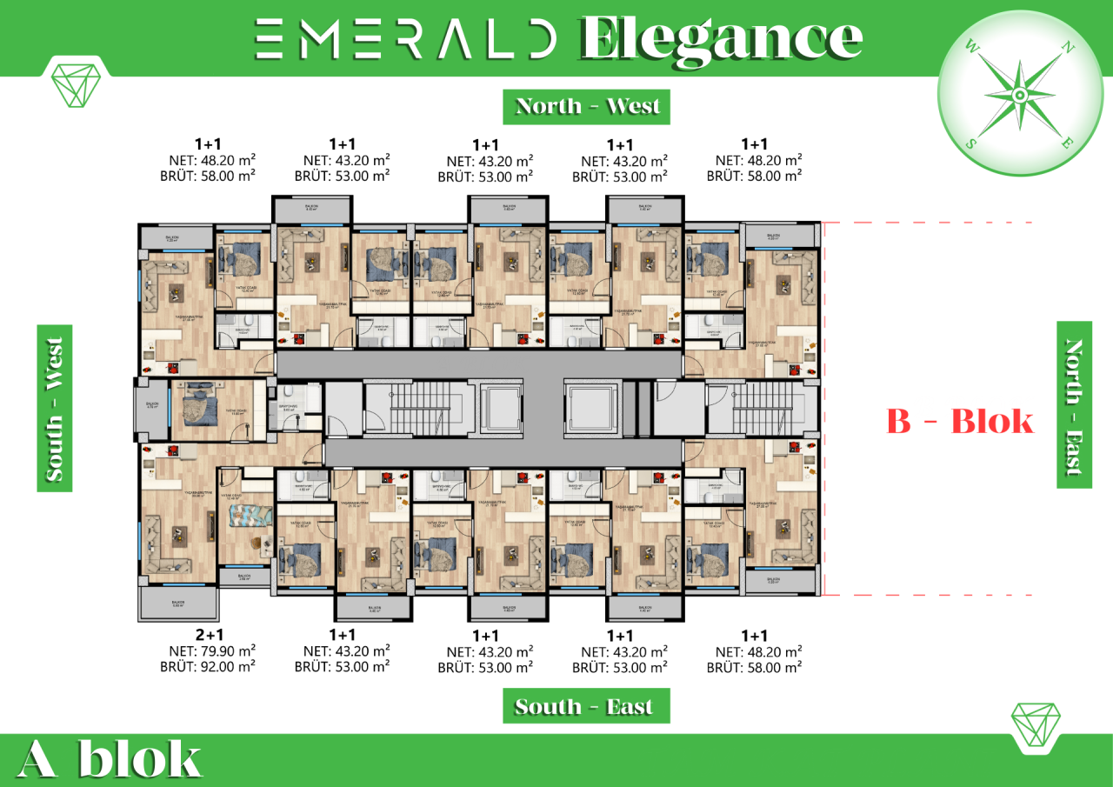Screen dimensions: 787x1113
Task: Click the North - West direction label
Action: [587, 106]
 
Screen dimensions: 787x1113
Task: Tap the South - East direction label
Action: [587, 706]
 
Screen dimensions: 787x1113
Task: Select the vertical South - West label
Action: [54, 409]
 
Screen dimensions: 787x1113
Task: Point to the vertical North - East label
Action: [1074, 405]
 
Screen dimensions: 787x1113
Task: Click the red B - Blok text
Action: [960, 422]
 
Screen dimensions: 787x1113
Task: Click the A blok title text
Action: [109, 758]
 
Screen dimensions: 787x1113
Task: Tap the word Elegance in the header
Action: [721, 38]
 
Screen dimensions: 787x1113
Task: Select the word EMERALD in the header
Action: [405, 38]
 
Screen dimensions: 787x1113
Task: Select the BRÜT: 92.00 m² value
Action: [208, 667]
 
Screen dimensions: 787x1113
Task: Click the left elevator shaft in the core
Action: [501, 407]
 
